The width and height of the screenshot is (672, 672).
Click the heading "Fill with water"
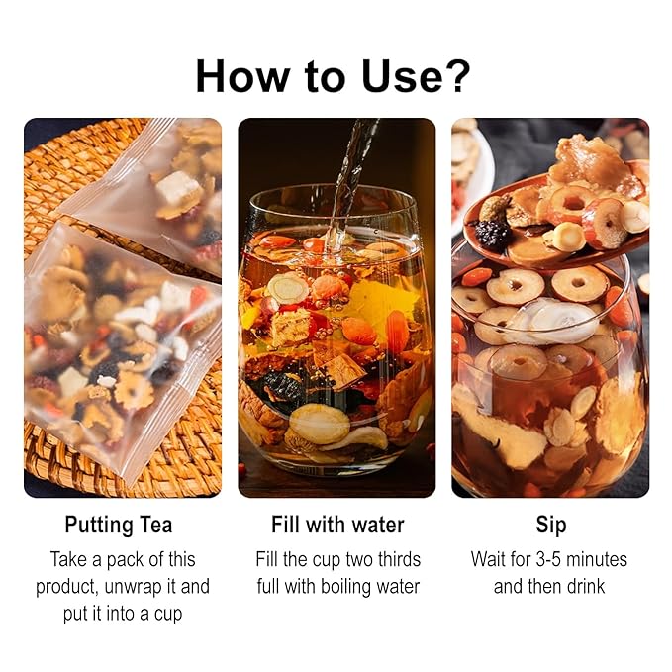[x=337, y=525]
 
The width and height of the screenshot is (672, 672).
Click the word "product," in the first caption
[x=68, y=586]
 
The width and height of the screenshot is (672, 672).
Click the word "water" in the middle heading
[x=378, y=525]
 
